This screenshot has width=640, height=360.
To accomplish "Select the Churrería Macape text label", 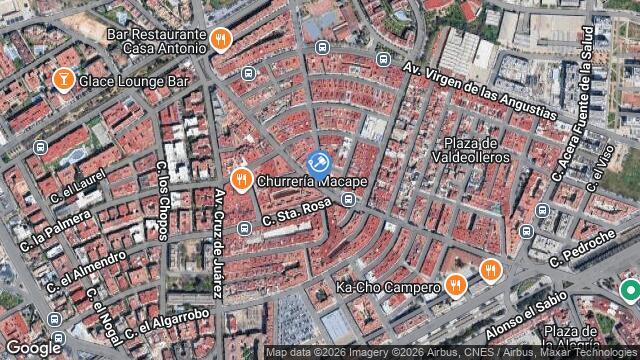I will tap(312, 182).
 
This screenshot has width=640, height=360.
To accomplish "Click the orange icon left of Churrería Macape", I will tap(240, 180).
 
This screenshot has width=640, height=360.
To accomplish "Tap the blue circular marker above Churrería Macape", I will tap(319, 163).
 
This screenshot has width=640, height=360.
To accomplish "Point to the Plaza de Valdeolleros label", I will tap(471, 150).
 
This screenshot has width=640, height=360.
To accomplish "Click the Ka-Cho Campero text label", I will tap(388, 288).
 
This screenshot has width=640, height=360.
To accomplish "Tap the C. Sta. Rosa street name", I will tap(296, 211).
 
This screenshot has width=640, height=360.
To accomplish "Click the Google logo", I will tap(33, 347).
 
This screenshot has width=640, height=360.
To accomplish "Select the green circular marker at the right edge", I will tap(630, 291).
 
